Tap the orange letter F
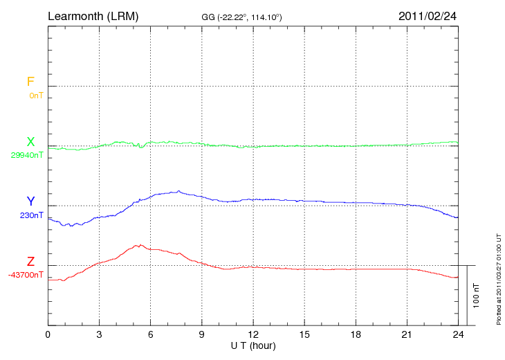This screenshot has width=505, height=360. point(30,82)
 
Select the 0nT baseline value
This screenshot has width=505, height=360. point(36,96)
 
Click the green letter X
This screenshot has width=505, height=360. point(30,143)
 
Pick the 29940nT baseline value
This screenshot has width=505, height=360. point(27,155)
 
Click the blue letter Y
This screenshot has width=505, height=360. point(30,202)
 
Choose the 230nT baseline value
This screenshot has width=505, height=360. point(32,215)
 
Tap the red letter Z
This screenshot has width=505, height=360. point(30,262)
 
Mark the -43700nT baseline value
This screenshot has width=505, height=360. point(26,275)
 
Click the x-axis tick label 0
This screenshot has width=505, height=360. point(48,334)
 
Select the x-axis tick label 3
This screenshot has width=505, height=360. point(99,334)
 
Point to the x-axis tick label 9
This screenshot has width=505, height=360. point(202,334)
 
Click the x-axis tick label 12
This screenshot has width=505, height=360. point(253,334)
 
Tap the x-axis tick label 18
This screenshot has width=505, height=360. point(356,334)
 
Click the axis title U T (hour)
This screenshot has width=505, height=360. point(253,345)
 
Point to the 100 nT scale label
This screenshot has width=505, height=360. point(476,296)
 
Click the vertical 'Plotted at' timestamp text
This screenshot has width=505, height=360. point(499,278)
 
